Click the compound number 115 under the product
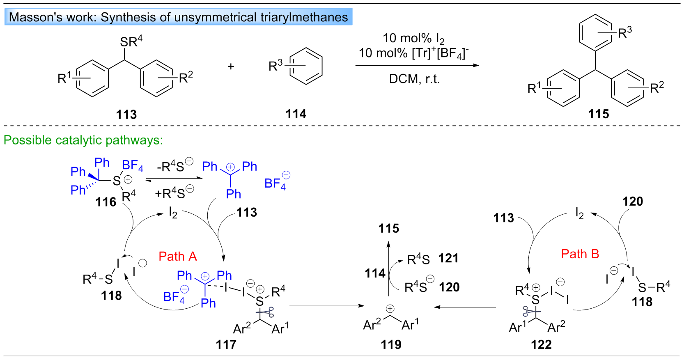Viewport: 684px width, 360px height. point(598,114)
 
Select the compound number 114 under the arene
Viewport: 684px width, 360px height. point(296,114)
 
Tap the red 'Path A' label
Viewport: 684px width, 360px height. point(177,257)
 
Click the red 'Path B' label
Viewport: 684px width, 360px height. point(580,254)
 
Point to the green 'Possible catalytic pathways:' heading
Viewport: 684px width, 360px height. point(83,140)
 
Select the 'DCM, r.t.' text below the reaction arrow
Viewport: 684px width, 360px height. point(414,79)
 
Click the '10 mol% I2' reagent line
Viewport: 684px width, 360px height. point(413,39)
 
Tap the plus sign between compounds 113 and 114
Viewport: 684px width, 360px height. point(231,66)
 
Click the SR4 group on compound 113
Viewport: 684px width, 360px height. point(131,41)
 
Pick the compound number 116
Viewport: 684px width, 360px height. point(106,202)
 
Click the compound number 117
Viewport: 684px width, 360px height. point(226,344)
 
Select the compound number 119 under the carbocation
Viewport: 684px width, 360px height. point(391,344)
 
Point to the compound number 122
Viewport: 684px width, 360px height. point(541,344)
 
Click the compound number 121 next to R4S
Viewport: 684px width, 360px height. point(448,258)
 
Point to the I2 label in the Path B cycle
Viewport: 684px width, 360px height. point(579,213)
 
